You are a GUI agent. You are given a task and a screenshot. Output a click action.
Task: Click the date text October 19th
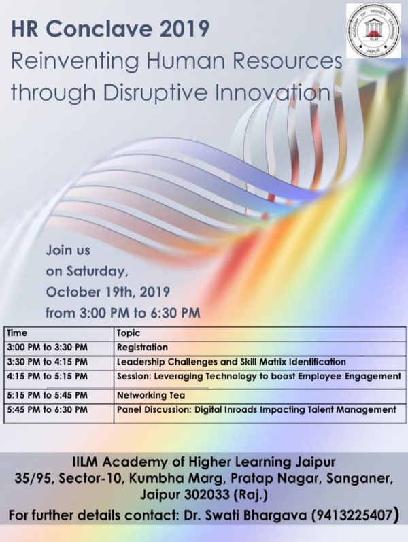(90, 292)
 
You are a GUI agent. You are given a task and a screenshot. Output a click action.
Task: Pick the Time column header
(16, 333)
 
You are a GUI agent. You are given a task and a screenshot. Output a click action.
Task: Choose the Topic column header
(129, 333)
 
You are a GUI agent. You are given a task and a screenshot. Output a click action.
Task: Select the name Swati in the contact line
(224, 515)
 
